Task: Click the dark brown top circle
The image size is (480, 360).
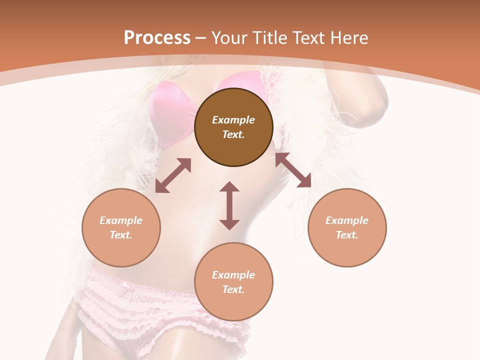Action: point(233,127)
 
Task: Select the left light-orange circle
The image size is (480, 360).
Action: point(121,227)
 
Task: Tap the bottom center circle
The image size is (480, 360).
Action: point(233,282)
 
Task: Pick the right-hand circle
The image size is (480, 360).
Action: point(347,227)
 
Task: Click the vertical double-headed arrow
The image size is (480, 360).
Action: point(229,205)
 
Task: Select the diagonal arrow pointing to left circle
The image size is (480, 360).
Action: point(173,175)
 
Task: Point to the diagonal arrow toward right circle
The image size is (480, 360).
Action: point(293,170)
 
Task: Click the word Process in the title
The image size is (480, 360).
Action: point(157,37)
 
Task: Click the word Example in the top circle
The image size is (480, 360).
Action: point(233,120)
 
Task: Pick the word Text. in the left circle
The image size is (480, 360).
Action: point(121,235)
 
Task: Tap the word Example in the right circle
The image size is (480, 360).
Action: point(347,220)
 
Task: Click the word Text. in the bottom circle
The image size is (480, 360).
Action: point(233,289)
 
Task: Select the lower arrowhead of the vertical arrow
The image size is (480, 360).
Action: point(229,224)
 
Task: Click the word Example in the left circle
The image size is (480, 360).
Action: point(121,220)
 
